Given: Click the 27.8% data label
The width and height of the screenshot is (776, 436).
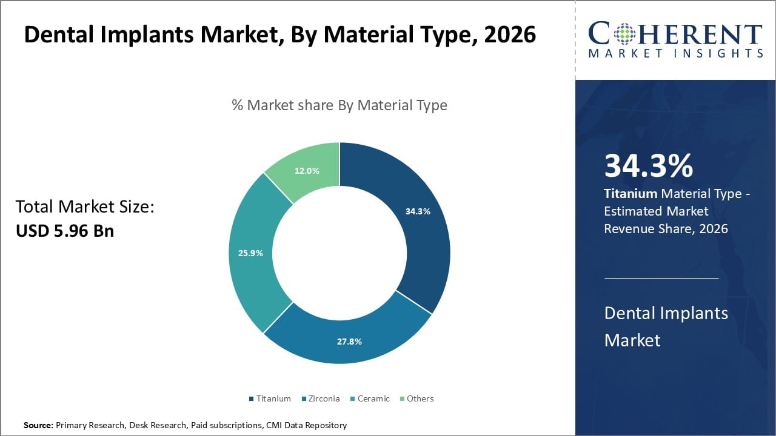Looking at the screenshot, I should [x=350, y=342].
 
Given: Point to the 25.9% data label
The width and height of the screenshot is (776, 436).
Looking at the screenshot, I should [x=250, y=253].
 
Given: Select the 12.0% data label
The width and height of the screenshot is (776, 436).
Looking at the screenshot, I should [x=307, y=171].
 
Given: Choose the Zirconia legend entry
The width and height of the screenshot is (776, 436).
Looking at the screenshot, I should [x=323, y=398].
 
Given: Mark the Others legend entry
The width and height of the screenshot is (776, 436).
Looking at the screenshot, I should [x=420, y=398].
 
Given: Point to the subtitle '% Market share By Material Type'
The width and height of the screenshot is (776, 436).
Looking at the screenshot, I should [x=339, y=105].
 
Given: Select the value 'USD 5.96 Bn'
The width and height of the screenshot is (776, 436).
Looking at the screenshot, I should [x=65, y=231].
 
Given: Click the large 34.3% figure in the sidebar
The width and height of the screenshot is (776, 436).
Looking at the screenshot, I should [x=649, y=167].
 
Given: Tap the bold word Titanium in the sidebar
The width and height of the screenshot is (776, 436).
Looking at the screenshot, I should [x=630, y=194].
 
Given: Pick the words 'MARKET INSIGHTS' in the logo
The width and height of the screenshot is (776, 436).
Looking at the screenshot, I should [x=675, y=54].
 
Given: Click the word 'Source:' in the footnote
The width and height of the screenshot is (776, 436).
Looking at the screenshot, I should [x=38, y=426].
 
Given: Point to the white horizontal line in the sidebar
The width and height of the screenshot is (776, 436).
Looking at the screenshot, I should [x=661, y=279].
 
